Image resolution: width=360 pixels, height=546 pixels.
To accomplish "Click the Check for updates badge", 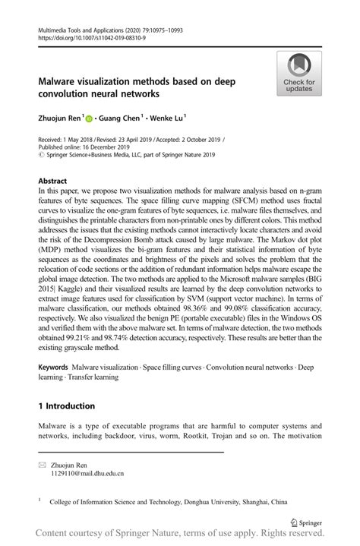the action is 299,74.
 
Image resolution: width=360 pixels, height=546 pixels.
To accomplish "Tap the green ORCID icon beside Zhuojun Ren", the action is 89,118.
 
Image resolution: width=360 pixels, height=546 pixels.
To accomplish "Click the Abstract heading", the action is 52,182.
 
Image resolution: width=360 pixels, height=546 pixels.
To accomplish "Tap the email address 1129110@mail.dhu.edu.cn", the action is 87,474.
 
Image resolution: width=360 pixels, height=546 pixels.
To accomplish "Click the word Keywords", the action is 57,367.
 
